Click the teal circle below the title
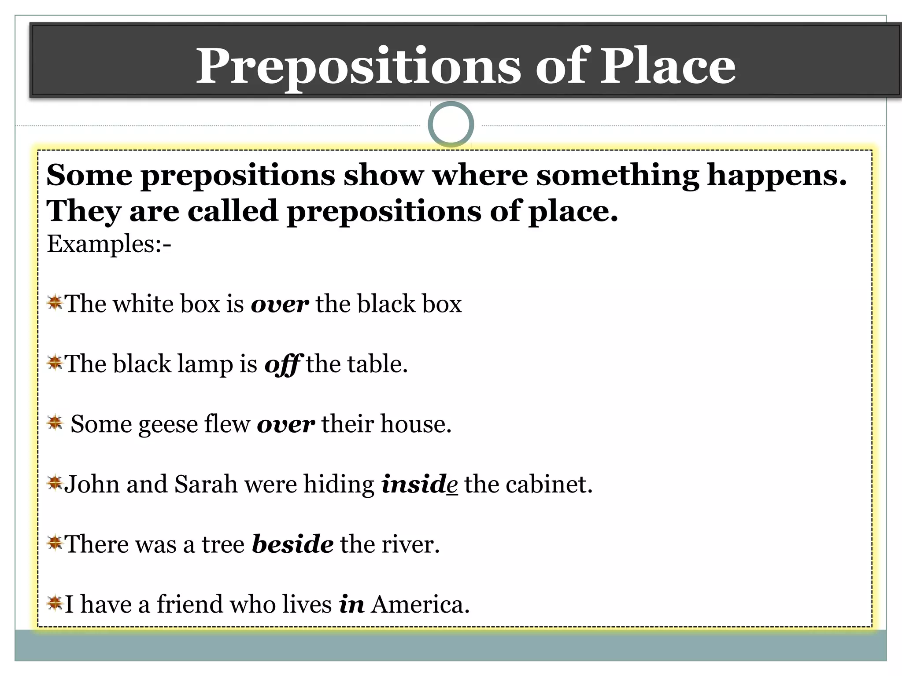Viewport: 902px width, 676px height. (x=451, y=124)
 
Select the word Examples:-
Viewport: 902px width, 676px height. (x=109, y=244)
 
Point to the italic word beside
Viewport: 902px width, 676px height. (x=292, y=544)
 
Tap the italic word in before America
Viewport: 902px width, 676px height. (x=351, y=604)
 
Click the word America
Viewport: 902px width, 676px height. (x=420, y=604)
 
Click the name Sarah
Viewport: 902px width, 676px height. (x=206, y=484)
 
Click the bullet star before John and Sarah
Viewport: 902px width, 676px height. (x=55, y=483)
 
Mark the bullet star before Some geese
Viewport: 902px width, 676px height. (x=55, y=423)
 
